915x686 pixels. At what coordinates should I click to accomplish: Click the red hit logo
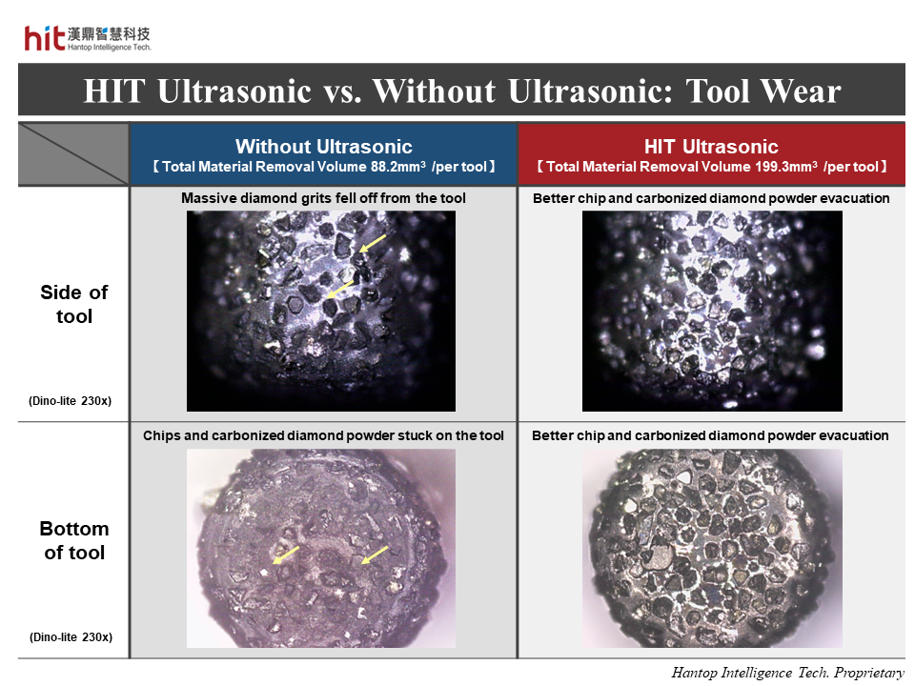pos(45,38)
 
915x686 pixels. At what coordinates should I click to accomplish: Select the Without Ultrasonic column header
pos(324,146)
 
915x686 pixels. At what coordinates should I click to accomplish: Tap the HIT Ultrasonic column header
pos(711,146)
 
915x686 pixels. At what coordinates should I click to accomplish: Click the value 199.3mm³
pos(786,167)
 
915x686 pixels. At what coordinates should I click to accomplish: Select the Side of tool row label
pos(74,304)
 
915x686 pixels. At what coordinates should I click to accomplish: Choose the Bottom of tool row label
pos(74,540)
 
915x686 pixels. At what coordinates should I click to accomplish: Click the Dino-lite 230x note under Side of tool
pos(70,401)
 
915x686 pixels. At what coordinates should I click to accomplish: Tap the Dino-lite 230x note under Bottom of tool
pos(71,637)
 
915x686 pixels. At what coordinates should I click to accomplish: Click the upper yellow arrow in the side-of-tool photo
pos(373,244)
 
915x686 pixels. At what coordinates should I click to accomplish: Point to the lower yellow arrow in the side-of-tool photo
pos(339,290)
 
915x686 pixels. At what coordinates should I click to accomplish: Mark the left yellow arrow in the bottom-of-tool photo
pos(286,555)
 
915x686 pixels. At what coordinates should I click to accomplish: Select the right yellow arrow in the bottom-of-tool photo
pos(375,555)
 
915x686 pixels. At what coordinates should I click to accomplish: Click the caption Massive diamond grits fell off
pos(323,198)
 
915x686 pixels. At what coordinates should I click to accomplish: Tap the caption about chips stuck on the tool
pos(323,435)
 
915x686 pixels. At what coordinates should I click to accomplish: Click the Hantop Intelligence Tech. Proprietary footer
pos(788,673)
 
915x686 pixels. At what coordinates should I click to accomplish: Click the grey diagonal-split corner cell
pos(73,154)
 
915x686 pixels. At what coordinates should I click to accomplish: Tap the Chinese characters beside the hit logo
pos(109,34)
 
